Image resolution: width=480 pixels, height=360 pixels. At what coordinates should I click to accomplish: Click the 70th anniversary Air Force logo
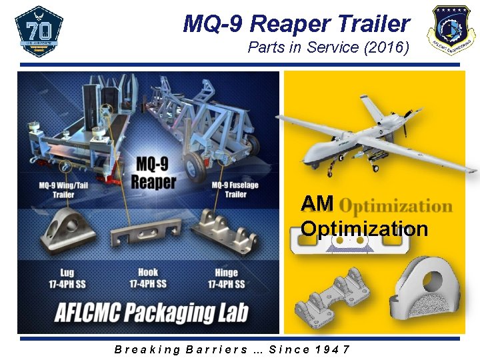(39, 31)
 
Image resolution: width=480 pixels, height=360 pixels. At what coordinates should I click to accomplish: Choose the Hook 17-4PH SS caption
(147, 278)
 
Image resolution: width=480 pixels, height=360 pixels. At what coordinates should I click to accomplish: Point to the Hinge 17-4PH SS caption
(226, 278)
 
